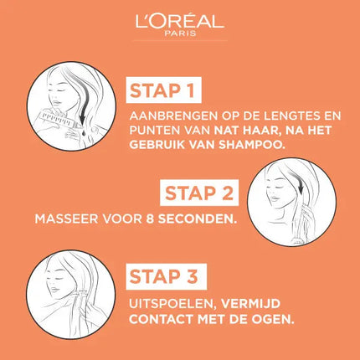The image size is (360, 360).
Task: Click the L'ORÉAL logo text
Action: click(x=179, y=20)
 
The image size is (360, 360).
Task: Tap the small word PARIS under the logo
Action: click(x=180, y=35)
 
